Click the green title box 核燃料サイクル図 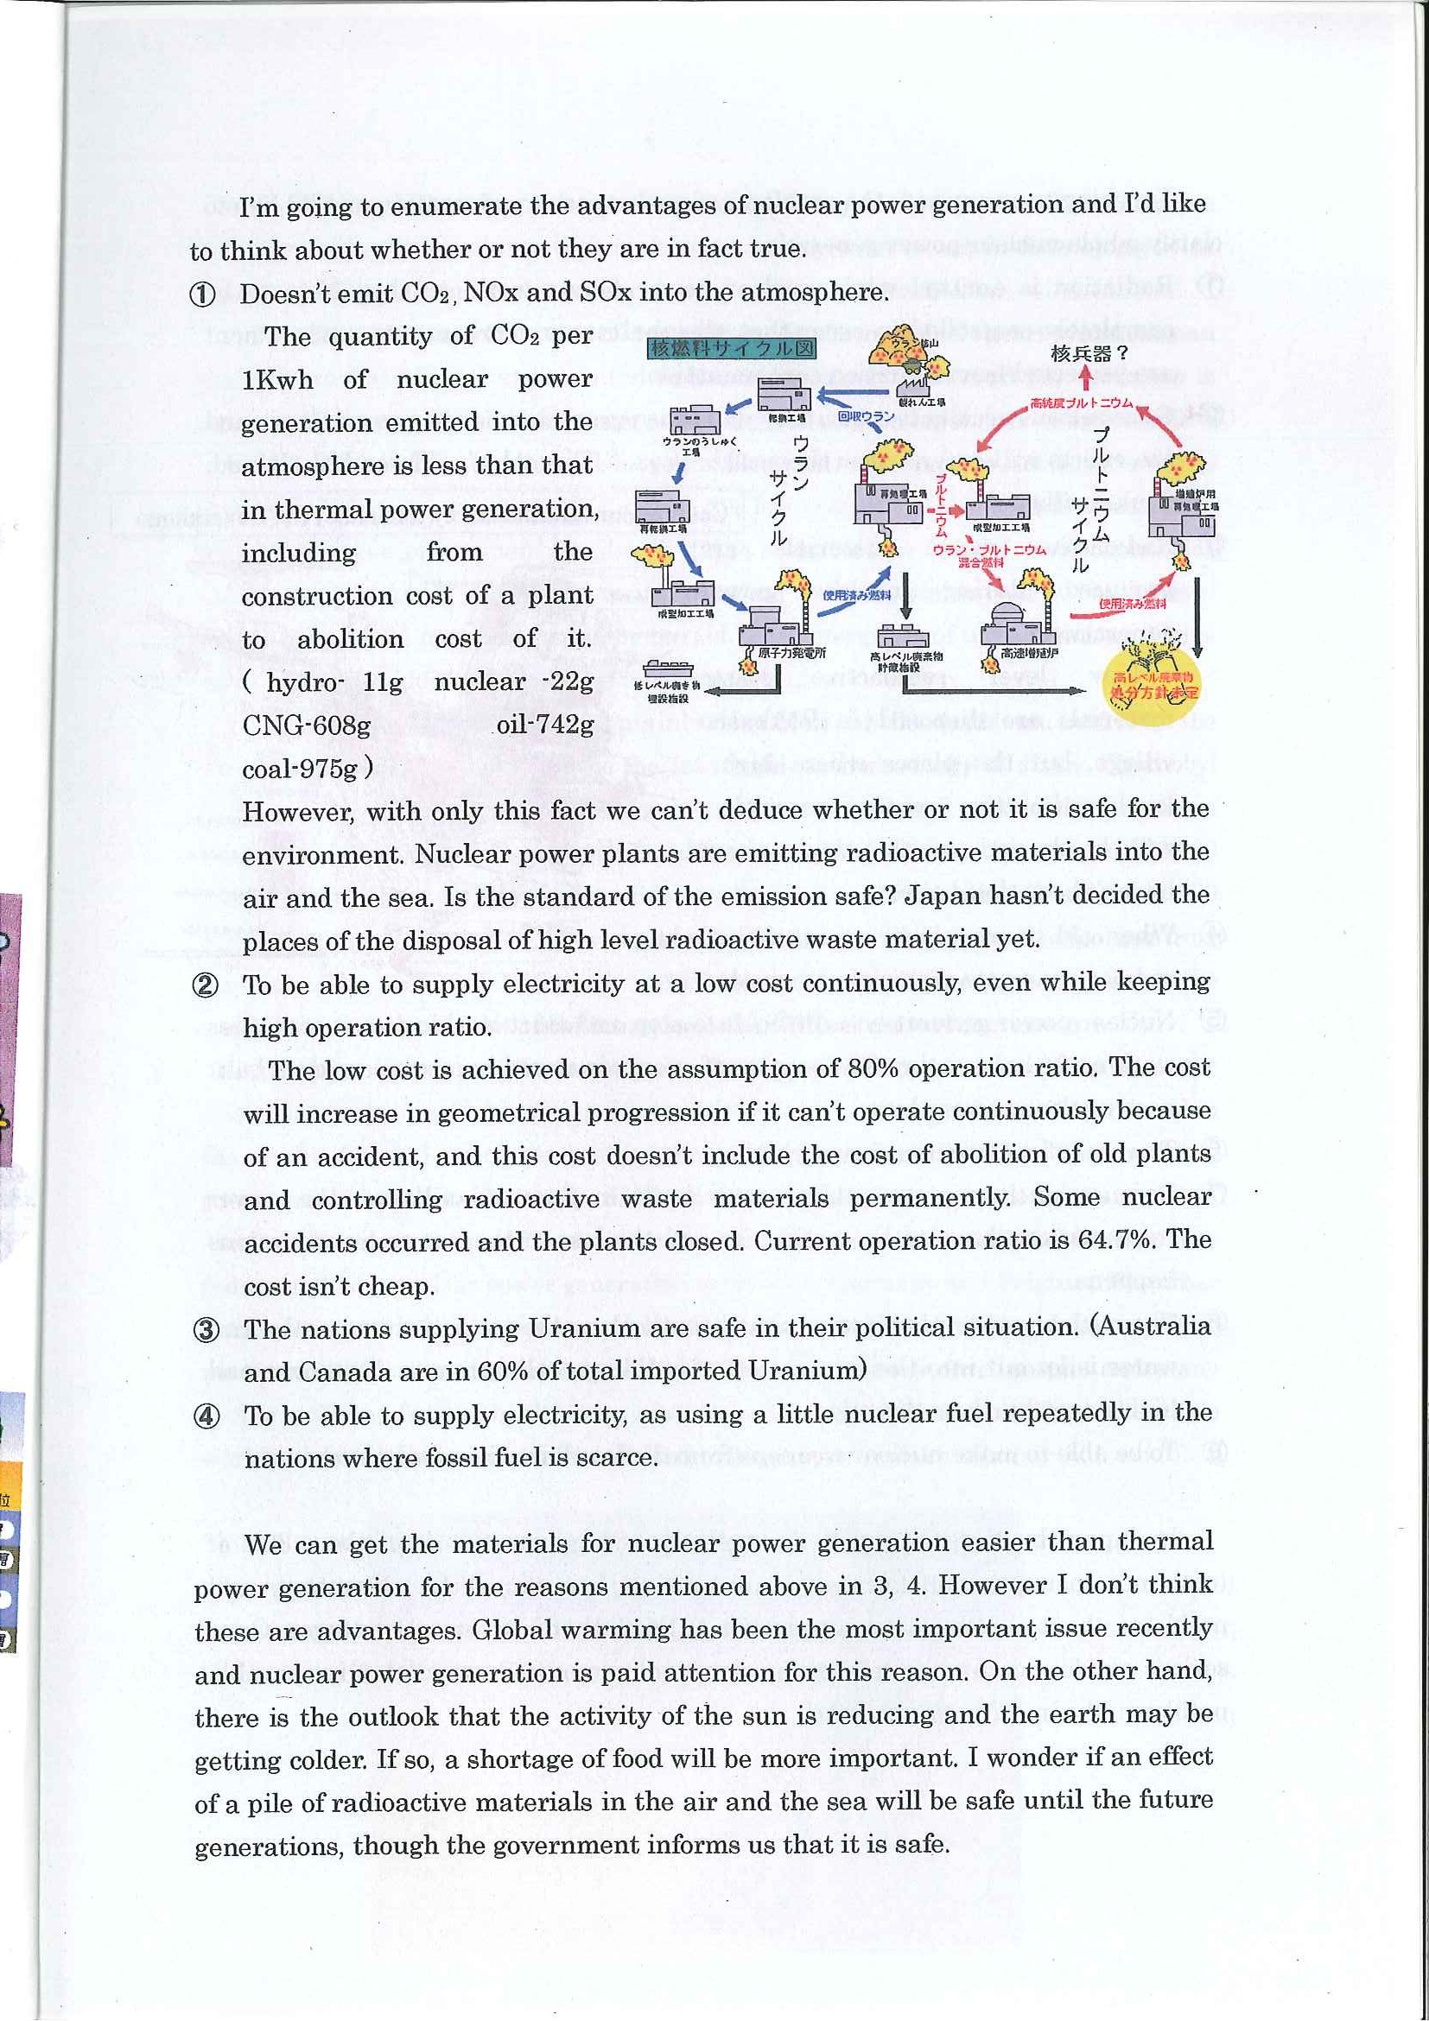click(732, 348)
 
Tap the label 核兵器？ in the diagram click(1089, 354)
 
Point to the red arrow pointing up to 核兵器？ click(1087, 378)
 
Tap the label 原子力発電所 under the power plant click(791, 653)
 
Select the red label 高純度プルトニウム click(1080, 404)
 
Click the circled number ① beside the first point click(203, 295)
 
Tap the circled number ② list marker click(204, 985)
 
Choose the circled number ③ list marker click(206, 1330)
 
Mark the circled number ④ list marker click(206, 1416)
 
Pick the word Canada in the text click(346, 1372)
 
